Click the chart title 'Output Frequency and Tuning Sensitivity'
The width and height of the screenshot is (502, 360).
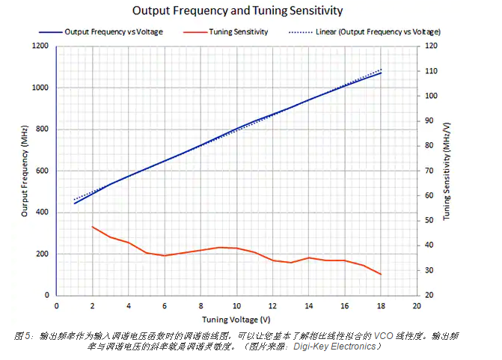click(237, 11)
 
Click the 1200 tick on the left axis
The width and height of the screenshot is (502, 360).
click(40, 46)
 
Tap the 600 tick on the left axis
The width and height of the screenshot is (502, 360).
click(42, 171)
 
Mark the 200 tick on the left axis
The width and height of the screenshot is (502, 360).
click(42, 254)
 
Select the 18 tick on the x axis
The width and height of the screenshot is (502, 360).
click(381, 305)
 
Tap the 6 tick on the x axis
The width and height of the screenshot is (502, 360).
click(165, 305)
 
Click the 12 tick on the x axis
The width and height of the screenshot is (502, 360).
click(272, 305)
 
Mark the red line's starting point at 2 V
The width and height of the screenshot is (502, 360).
click(93, 226)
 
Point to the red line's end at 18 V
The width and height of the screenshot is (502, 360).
click(381, 275)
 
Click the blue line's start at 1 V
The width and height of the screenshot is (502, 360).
click(75, 203)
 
